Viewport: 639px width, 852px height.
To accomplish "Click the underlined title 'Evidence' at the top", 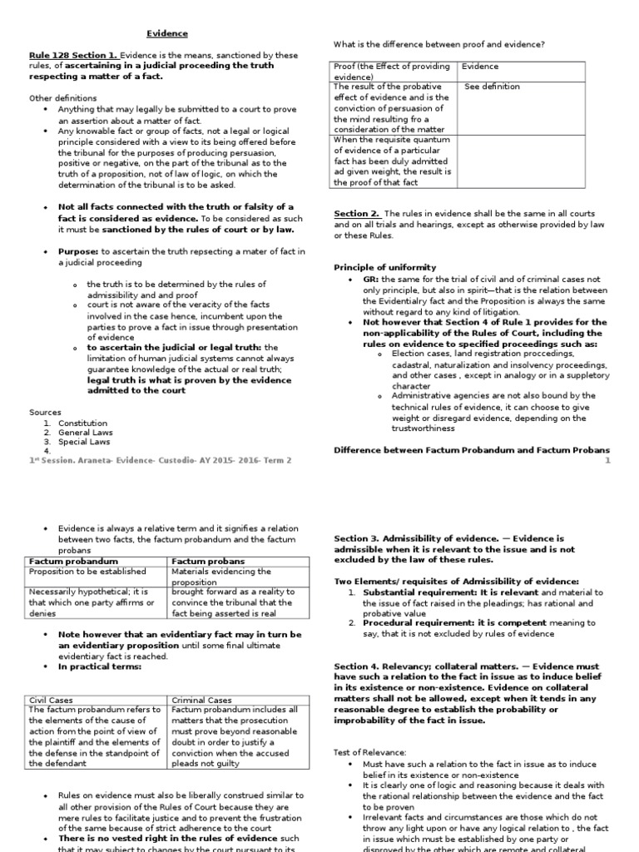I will pyautogui.click(x=167, y=33).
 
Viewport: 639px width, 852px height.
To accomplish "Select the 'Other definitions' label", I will pyautogui.click(x=63, y=97).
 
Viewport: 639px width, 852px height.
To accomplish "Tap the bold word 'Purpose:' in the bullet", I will pyautogui.click(x=78, y=251).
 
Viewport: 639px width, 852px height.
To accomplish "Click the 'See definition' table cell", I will pyautogui.click(x=492, y=87).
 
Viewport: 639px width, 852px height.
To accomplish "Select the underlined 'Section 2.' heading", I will pyautogui.click(x=357, y=213).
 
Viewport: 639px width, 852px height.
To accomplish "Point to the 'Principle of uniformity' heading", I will pyautogui.click(x=385, y=267).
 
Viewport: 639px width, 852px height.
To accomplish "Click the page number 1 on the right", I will pyautogui.click(x=607, y=460).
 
